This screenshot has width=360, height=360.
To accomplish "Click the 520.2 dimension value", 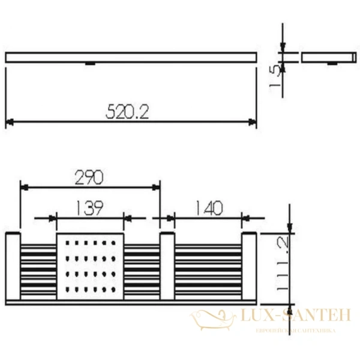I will tap(127, 111).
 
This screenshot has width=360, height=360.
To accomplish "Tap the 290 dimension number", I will tap(89, 176).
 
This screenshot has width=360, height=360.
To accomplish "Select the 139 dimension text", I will tap(89, 208).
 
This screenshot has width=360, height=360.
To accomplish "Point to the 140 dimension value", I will tap(208, 208).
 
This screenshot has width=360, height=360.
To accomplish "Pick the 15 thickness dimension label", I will tap(275, 77).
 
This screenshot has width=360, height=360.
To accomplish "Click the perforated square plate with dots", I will tap(90, 266).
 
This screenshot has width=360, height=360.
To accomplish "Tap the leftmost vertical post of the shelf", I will tap(13, 266).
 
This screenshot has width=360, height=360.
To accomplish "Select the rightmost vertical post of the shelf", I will tap(250, 266).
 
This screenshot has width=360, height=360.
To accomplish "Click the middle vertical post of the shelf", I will tap(167, 266).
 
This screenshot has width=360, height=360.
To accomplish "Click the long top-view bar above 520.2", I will tap(131, 58).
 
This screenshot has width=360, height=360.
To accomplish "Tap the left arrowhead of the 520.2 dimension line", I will tap(9, 122).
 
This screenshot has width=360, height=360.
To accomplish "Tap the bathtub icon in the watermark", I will tap(213, 319).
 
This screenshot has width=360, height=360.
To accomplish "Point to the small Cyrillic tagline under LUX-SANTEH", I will tap(295, 331).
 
